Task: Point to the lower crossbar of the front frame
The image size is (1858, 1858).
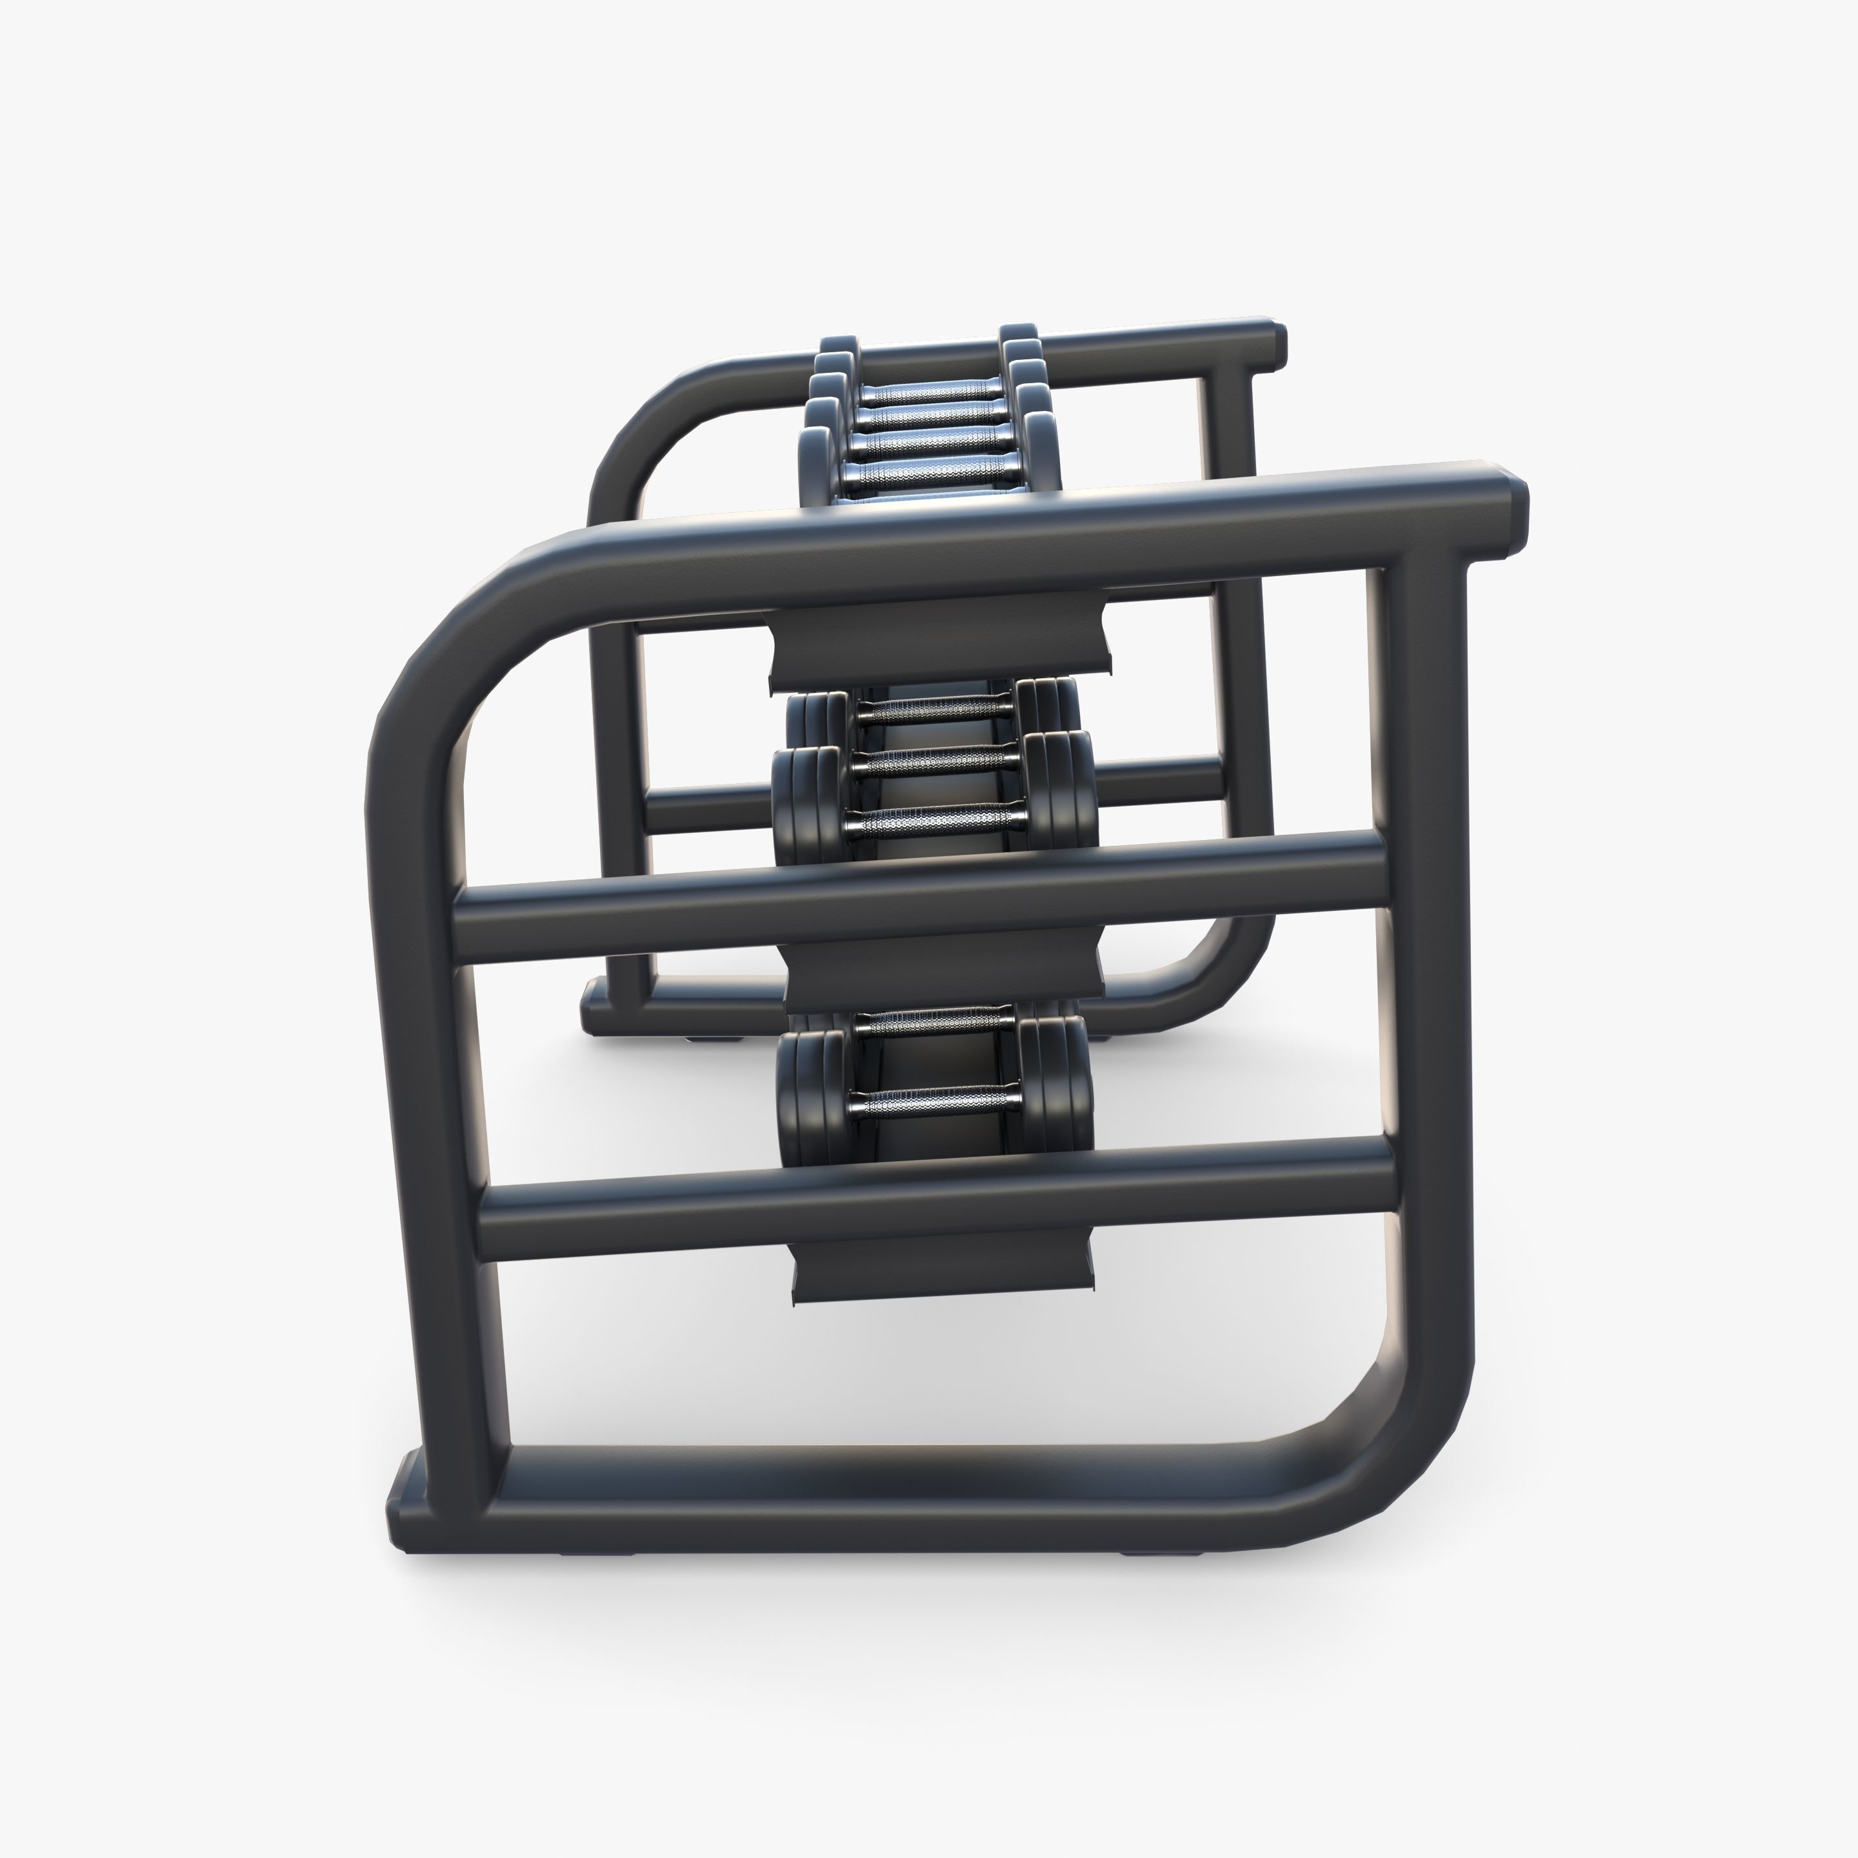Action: [935, 1198]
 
